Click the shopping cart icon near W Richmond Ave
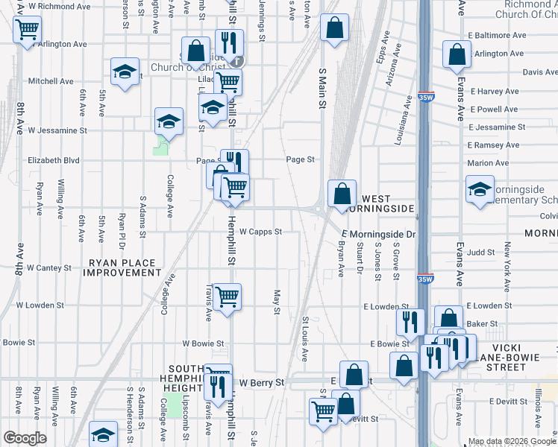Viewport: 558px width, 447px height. (x=26, y=31)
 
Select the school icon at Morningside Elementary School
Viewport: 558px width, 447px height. (x=480, y=189)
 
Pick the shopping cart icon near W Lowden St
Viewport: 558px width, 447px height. (x=227, y=297)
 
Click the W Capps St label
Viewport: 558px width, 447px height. (x=260, y=232)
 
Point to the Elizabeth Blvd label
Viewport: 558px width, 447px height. (x=53, y=160)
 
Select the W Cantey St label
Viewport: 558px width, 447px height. (x=48, y=267)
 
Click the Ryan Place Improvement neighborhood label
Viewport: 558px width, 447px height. (x=122, y=267)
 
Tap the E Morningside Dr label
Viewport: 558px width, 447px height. (x=378, y=235)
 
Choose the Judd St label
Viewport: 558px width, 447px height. (x=481, y=253)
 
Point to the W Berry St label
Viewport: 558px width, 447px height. (x=262, y=382)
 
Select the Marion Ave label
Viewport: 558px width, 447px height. (x=487, y=163)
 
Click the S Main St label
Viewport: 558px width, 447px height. (x=323, y=86)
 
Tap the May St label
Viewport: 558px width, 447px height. (x=277, y=302)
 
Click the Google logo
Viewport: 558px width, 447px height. (x=25, y=438)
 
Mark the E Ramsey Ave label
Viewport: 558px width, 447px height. (x=492, y=145)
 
